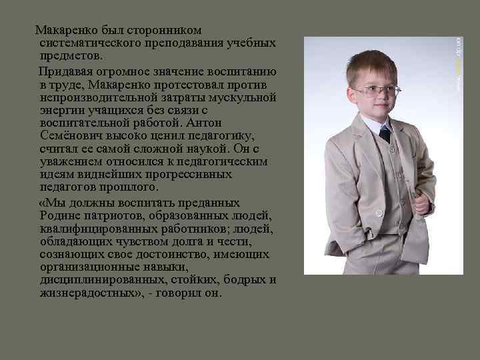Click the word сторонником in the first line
pyautogui.click(x=169, y=30)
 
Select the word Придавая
pyautogui.click(x=66, y=72)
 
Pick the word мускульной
pyautogui.click(x=243, y=97)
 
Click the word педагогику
pyautogui.click(x=219, y=135)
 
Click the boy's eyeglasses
pyautogui.click(x=376, y=90)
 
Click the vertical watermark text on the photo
pyautogui.click(x=458, y=63)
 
